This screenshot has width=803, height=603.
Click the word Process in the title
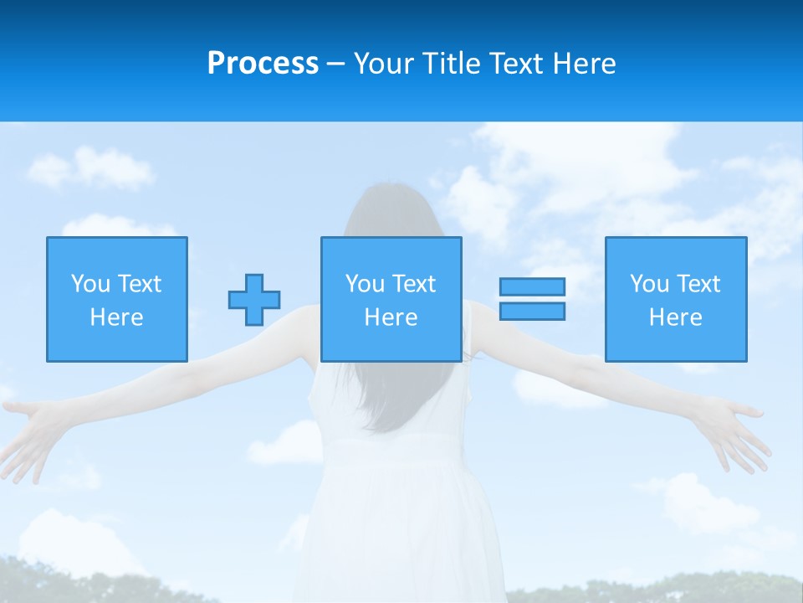pos(263,64)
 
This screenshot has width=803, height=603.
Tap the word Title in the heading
pos(452,64)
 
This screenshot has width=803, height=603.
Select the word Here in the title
pos(584,64)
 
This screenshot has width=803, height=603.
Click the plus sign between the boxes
pos(254,300)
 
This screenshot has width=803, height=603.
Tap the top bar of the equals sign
pos(532,286)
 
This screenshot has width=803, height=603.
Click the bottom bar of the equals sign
pos(532,312)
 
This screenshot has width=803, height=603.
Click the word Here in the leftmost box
pos(116,317)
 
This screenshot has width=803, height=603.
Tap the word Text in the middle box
pos(414,284)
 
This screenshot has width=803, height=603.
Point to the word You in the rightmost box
pos(650,284)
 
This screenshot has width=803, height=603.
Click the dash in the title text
pos(336,64)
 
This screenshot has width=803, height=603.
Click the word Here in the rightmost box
pos(675,317)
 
